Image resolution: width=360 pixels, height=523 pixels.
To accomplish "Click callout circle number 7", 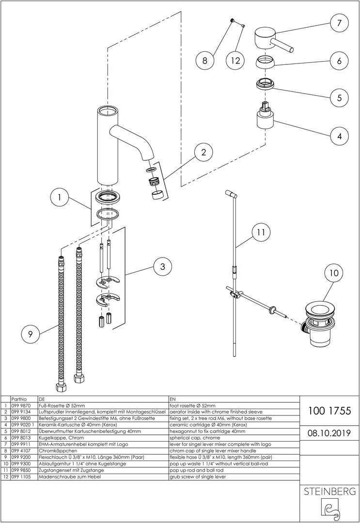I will pos(339,23).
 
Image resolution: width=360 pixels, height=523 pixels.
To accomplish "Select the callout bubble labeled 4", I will pos(339,136).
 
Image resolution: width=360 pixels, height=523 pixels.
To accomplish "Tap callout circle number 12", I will pos(235,61).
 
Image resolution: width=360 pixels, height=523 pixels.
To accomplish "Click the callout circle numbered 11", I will pos(261,232).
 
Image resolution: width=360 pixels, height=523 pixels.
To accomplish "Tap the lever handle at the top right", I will pos(271,41).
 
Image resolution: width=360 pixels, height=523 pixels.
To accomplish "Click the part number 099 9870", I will pos(20,405).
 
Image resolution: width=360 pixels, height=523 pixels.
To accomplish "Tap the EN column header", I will pos(172,400).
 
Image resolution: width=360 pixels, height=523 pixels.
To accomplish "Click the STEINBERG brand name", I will pos(329,492).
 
